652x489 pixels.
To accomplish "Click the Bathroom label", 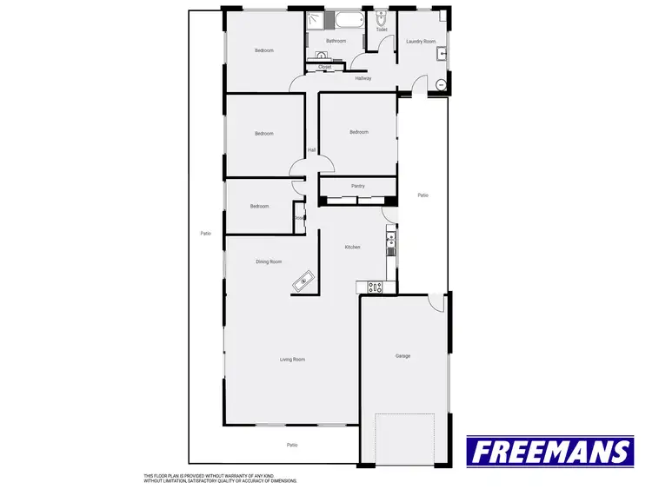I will click(x=336, y=41).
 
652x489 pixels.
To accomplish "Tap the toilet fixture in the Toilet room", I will click(x=382, y=19).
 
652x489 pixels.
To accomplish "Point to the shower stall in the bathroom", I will click(x=315, y=23).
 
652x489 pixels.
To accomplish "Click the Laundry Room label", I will click(x=421, y=41).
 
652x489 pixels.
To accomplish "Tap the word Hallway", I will click(x=363, y=79).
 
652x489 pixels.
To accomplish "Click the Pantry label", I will click(x=357, y=186).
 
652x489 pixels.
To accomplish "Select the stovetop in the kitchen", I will click(x=376, y=287).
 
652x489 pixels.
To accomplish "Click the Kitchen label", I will click(x=352, y=248).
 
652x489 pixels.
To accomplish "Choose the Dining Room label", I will click(x=269, y=261).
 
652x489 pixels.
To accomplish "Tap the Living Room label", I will click(x=292, y=359).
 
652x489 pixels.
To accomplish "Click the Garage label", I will click(x=403, y=356).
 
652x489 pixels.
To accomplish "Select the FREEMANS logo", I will click(x=550, y=452).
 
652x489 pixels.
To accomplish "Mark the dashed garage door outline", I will click(x=404, y=438).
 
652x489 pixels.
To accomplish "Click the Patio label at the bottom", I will click(x=293, y=445).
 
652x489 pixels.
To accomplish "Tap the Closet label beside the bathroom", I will click(x=325, y=67).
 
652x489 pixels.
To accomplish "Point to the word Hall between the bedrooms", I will click(x=311, y=149).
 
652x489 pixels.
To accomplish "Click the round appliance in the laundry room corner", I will click(x=441, y=84).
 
